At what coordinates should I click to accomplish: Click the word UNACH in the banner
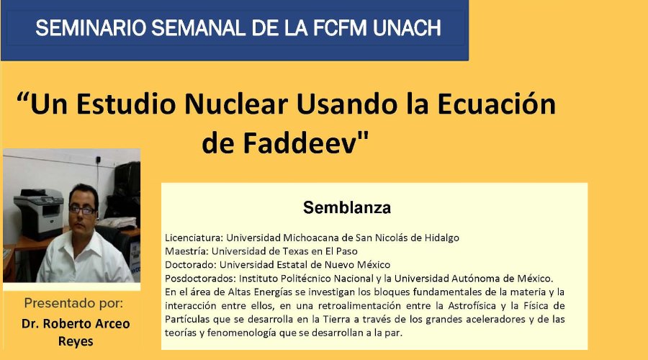(x=407, y=28)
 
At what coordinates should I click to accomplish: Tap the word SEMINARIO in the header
(x=91, y=28)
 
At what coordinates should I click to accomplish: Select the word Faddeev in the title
(x=305, y=143)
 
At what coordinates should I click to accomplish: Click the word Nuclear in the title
(x=236, y=104)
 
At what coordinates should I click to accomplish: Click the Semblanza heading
(x=347, y=207)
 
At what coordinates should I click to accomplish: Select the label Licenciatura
(x=194, y=238)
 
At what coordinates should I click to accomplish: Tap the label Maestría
(x=186, y=251)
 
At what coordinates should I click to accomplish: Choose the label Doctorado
(x=191, y=264)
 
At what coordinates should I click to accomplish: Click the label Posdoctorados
(x=200, y=278)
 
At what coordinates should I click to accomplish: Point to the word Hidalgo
(x=442, y=238)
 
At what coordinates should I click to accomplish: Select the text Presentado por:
(x=73, y=303)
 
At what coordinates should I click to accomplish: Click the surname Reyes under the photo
(x=76, y=341)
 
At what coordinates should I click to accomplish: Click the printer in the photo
(x=40, y=213)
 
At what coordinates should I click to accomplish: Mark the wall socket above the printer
(x=99, y=160)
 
